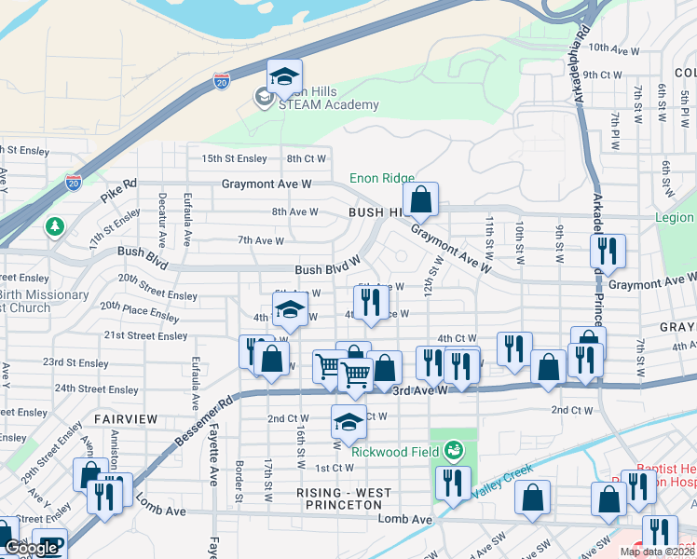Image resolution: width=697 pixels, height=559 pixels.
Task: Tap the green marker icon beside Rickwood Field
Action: (x=453, y=452)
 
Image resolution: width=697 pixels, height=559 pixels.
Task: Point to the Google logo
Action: (x=31, y=549)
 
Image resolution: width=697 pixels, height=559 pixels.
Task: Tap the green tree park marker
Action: (x=55, y=226)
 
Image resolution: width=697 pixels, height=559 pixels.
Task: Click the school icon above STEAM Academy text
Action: (x=285, y=76)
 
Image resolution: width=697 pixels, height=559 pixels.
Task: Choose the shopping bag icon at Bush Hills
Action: (x=421, y=198)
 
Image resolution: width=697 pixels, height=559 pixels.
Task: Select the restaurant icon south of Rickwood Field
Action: (x=453, y=484)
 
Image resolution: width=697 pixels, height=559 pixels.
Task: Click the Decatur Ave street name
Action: (x=164, y=218)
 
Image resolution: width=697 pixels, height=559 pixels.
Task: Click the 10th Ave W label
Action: (x=610, y=47)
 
